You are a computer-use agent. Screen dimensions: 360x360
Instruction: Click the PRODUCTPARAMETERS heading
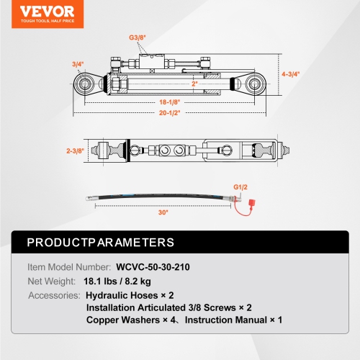100,242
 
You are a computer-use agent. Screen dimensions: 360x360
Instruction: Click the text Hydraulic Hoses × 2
129,296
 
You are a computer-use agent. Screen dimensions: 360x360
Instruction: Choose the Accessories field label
53,296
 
